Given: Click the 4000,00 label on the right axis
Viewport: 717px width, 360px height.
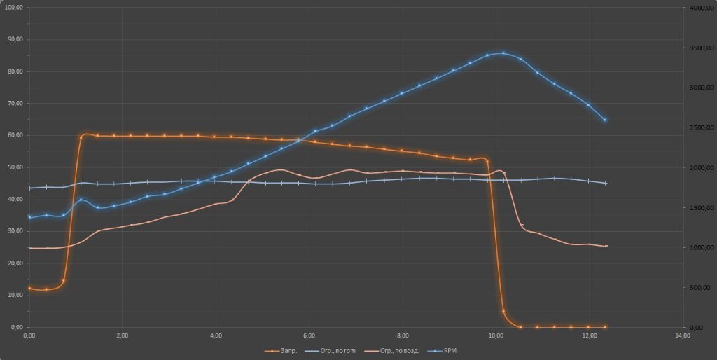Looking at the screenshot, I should point(700,7).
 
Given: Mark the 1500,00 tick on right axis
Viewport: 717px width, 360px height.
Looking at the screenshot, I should point(700,208).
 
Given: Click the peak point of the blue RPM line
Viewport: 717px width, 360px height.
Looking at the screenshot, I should point(503,53).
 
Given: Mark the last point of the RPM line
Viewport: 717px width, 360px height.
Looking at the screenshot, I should point(605,120).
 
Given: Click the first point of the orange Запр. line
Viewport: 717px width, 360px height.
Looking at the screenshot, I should point(29,288).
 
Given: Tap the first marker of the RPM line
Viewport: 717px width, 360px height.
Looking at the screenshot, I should point(29,217).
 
